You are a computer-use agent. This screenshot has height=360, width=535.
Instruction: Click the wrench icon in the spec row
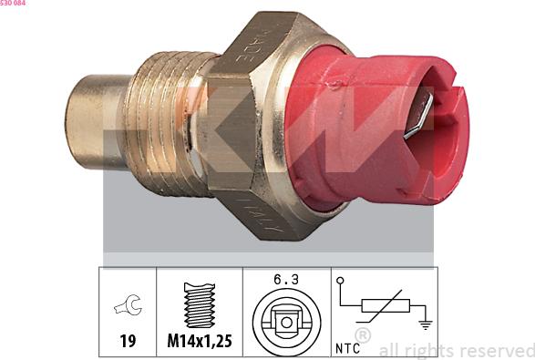click(128, 308)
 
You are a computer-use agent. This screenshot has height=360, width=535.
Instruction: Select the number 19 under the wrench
click(129, 342)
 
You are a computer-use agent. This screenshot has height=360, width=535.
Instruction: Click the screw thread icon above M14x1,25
click(198, 303)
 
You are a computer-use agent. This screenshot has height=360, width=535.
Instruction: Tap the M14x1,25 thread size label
click(198, 342)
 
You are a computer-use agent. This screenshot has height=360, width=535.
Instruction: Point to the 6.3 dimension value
click(285, 279)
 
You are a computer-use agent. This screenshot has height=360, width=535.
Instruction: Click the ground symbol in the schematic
click(424, 323)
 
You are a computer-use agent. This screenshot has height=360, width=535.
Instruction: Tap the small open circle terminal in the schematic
click(340, 281)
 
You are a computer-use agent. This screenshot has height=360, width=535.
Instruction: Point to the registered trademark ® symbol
click(363, 336)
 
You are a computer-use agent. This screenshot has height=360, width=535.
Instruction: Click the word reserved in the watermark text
click(495, 350)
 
